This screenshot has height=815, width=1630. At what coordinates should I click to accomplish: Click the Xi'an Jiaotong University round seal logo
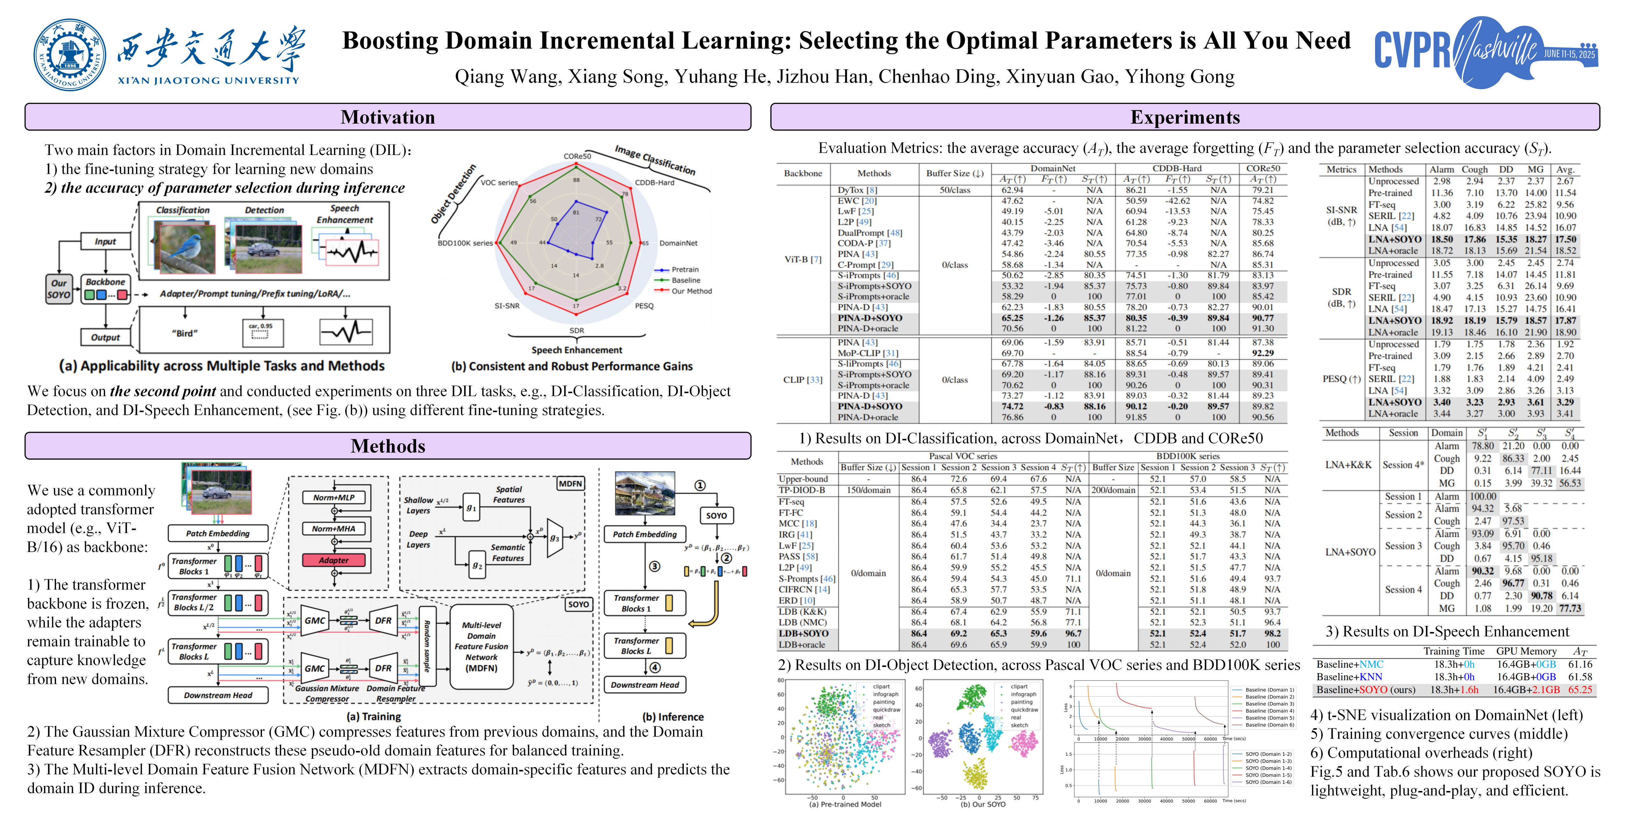[x=70, y=54]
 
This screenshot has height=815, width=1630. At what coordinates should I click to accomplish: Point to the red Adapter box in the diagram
[x=333, y=560]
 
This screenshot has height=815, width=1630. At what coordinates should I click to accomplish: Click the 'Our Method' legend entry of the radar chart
[x=691, y=291]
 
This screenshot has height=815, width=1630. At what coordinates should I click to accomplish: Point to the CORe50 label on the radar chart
[x=577, y=156]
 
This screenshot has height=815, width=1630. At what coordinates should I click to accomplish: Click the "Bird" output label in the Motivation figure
[x=184, y=333]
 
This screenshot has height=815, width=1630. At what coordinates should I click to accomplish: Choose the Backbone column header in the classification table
[x=803, y=174]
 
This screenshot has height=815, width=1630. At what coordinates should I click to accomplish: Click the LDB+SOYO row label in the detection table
[x=803, y=634]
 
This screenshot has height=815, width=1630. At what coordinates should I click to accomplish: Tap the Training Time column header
[x=1453, y=651]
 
